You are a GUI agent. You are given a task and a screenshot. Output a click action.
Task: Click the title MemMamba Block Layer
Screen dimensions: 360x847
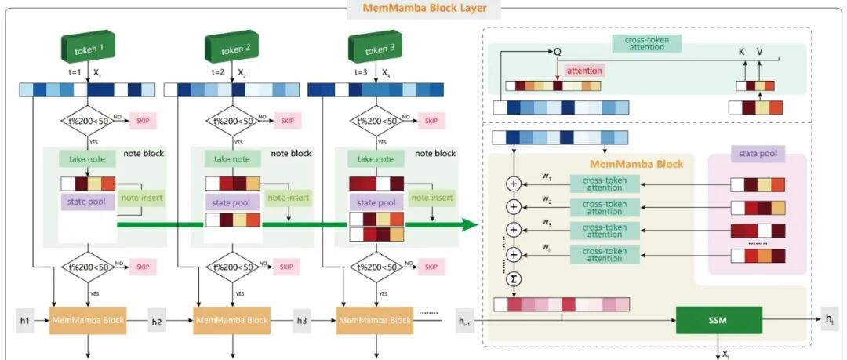coord(424,9)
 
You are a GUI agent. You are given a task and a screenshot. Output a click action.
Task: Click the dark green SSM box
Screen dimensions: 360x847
coord(718,320)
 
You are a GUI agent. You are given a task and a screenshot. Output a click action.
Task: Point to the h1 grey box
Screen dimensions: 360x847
coord(25,320)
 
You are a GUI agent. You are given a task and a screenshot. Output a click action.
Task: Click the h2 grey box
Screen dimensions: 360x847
coord(157,320)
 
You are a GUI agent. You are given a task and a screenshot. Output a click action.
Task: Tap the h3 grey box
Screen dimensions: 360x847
coord(301,320)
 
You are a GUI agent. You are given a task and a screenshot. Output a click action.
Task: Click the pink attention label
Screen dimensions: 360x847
coord(583,71)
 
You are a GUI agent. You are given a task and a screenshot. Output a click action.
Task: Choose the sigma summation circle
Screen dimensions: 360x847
coord(514,278)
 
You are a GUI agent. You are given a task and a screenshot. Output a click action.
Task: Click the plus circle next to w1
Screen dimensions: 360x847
coord(514,185)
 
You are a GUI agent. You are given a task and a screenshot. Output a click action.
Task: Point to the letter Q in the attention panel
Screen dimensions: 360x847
coord(558,51)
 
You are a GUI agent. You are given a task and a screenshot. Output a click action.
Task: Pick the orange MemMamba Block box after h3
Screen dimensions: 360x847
coord(373,320)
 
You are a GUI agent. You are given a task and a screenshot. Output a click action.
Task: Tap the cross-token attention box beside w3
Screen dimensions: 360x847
coord(604,231)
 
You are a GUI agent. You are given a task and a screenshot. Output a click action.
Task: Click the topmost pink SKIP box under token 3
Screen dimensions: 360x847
coord(430,121)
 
